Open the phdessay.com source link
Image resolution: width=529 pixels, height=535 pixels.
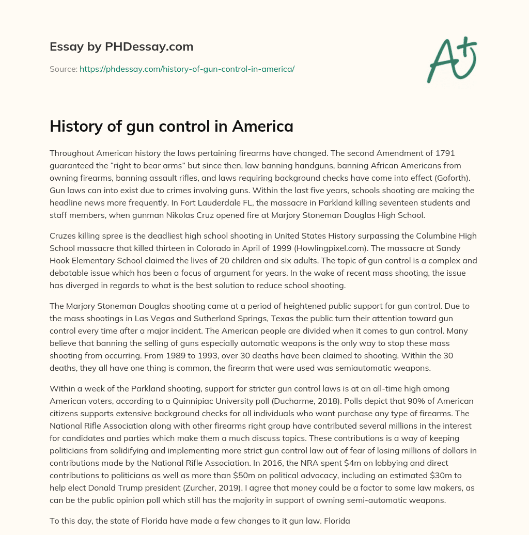tap(186, 69)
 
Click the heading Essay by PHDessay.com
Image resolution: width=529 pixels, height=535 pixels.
tap(121, 47)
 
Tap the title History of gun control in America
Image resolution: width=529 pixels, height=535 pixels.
tap(171, 126)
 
